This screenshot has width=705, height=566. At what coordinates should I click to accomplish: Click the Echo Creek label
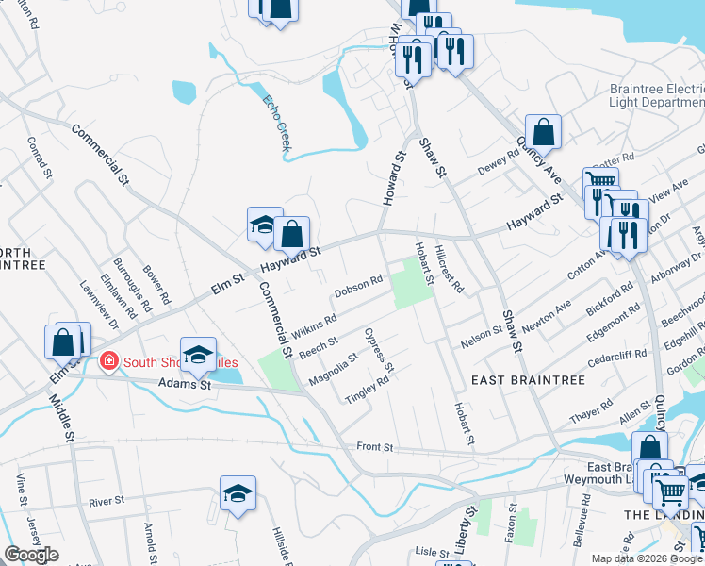(x=277, y=124)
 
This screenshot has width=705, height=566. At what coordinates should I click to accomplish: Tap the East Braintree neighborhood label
(x=528, y=379)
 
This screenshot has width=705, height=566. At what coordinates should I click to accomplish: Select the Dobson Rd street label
(x=358, y=282)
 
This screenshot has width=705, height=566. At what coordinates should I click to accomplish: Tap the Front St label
(x=374, y=446)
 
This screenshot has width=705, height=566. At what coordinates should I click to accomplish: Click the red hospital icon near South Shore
(x=109, y=362)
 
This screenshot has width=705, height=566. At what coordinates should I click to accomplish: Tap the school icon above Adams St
(x=198, y=354)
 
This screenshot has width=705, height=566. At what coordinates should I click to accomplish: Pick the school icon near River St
(x=238, y=492)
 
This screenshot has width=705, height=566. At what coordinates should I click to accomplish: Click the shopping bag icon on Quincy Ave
(x=543, y=130)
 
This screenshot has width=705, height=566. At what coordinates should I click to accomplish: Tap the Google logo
(x=32, y=555)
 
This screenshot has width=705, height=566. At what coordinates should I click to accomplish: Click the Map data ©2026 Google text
(x=647, y=558)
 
